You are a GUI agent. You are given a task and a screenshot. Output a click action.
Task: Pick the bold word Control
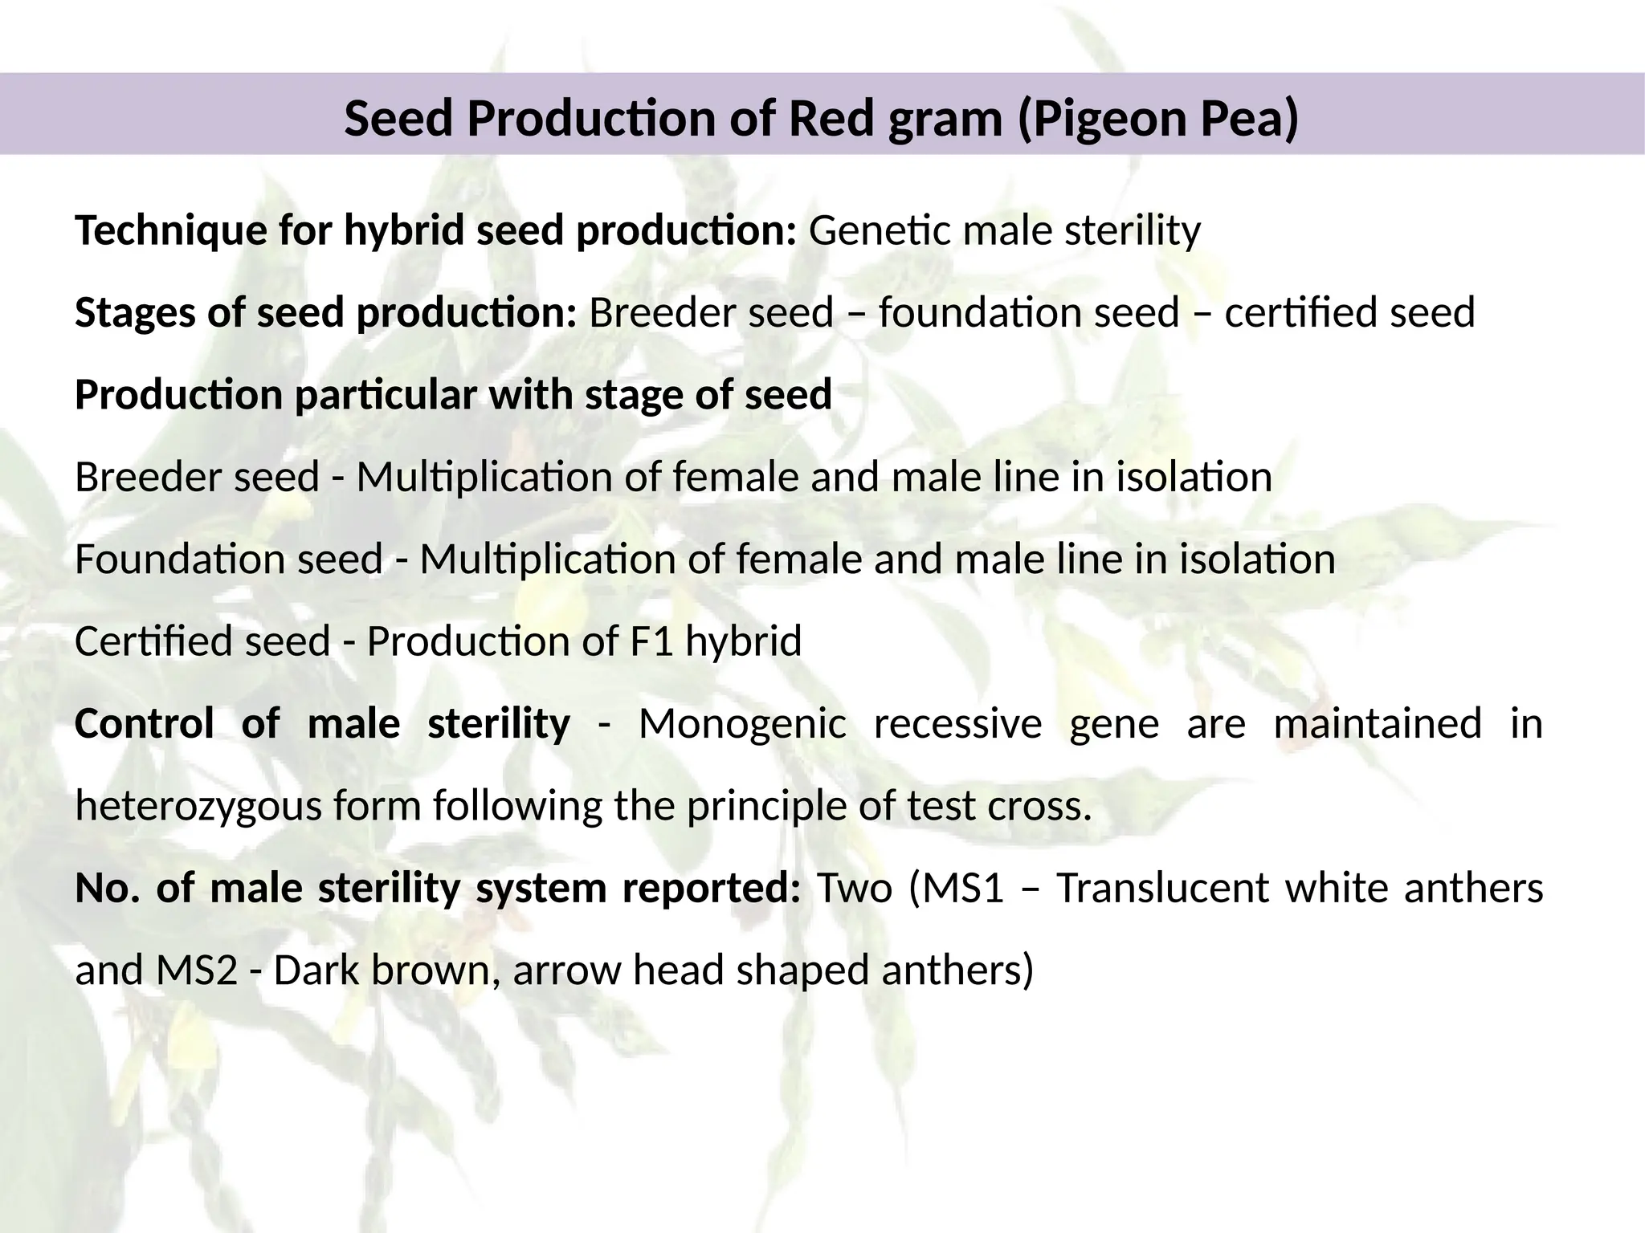coord(144,723)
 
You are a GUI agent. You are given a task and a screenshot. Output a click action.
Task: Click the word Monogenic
coord(742,725)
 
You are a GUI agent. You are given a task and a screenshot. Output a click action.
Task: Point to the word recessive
coord(957,723)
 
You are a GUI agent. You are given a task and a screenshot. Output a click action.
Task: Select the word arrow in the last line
coord(566,971)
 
